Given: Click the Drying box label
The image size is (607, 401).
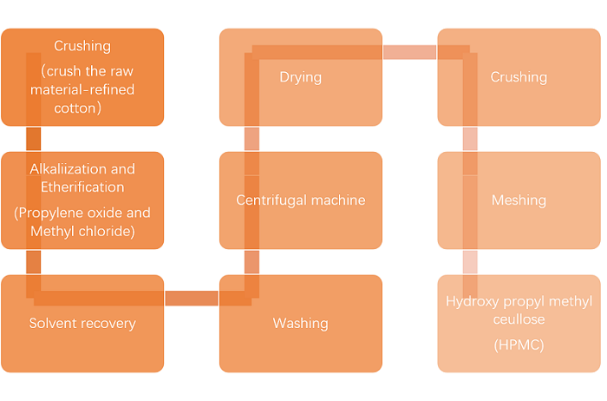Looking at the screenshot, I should (x=300, y=77).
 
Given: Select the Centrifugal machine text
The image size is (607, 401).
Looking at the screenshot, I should (x=300, y=200).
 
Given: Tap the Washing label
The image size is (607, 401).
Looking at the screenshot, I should (x=300, y=324).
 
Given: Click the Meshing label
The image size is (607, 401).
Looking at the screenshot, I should (x=519, y=200).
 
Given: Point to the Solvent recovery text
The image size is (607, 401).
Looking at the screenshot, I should (x=82, y=324).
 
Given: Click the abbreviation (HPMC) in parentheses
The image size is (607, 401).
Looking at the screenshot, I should (x=519, y=345).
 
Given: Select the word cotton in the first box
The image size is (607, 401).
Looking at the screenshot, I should (x=82, y=108).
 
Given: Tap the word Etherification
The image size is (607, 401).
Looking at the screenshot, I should (x=82, y=187).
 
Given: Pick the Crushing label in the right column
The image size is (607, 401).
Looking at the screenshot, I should (x=519, y=77).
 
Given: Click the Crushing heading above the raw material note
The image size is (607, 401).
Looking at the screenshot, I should (x=82, y=46).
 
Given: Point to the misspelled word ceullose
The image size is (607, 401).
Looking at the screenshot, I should (x=519, y=319).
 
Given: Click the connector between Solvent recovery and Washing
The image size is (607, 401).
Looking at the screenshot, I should (x=191, y=299).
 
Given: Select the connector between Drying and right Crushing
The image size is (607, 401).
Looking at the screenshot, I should (x=409, y=53).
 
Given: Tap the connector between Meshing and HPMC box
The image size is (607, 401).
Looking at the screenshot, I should (x=469, y=261).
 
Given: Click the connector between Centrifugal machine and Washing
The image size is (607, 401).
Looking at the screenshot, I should (x=251, y=261).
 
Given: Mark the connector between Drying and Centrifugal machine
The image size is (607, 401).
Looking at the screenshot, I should (x=251, y=139).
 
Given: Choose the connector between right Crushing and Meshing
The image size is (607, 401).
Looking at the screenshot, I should (x=469, y=139).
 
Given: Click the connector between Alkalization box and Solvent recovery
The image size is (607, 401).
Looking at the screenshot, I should (x=34, y=261).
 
